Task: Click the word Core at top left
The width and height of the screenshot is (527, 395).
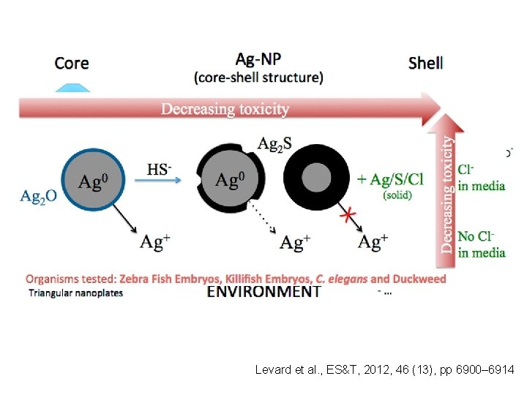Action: [72, 63]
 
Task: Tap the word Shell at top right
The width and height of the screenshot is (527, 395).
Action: [425, 63]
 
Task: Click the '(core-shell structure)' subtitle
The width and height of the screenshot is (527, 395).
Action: [258, 76]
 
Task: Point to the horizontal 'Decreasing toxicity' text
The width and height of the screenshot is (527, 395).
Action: [225, 109]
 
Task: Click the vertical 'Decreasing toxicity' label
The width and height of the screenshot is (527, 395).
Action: [448, 194]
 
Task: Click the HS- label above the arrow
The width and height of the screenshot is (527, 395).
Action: [160, 170]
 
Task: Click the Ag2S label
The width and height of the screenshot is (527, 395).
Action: [274, 144]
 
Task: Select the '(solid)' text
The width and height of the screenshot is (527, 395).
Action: [397, 195]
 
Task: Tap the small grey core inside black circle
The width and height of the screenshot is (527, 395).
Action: [316, 176]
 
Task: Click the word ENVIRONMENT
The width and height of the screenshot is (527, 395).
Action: [264, 291]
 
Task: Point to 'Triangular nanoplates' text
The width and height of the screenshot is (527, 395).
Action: [76, 293]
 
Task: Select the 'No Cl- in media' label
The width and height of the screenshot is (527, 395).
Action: [481, 244]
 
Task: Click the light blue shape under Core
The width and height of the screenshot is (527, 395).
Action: [72, 87]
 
